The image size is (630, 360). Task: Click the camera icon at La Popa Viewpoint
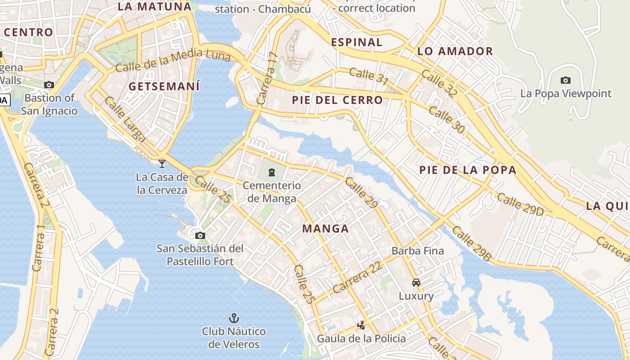pos(566,81)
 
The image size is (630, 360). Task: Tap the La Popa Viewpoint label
pos(566,94)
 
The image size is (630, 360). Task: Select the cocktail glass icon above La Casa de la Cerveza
pos(162,163)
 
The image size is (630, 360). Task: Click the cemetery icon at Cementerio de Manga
pos(271,172)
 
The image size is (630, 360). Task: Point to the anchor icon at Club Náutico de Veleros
pos(234,319)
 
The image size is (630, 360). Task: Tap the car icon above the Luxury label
pos(416,283)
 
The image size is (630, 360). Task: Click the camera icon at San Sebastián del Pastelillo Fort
pos(200,235)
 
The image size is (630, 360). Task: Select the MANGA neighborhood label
pos(325,229)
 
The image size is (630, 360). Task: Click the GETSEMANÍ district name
pos(164,86)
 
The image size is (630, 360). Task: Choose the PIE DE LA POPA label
pos(468,170)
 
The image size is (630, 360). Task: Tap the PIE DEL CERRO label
pos(337,100)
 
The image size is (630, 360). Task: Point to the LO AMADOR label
pos(455,51)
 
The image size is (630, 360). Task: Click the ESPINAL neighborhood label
pos(356,42)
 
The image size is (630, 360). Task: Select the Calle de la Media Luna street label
pos(173,61)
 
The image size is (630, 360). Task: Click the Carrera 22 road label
pos(358,276)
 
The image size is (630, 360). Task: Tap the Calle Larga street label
pos(125,119)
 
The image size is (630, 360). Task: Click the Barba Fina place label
pos(418,251)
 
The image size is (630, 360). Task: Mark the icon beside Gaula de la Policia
pos(361,325)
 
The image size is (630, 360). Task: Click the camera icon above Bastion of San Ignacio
pos(49,85)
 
